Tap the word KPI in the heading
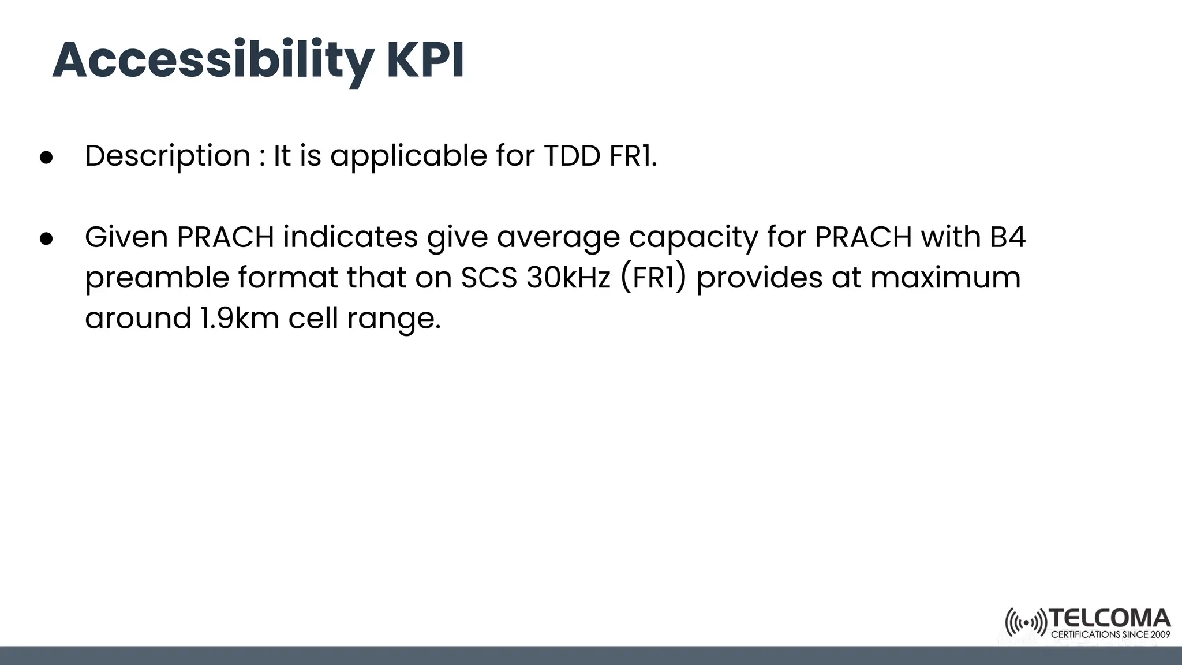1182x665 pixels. [x=425, y=61]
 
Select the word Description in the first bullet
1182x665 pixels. [x=167, y=156]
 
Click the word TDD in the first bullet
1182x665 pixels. [x=572, y=156]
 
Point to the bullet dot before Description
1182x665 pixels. [x=46, y=158]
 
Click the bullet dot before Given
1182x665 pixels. [x=46, y=238]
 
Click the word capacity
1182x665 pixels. [x=693, y=238]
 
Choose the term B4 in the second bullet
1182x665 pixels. [x=1007, y=237]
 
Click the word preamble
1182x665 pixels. [x=156, y=278]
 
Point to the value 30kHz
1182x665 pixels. [x=568, y=278]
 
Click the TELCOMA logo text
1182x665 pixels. [x=1110, y=618]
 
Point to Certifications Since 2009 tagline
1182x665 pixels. [x=1110, y=634]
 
